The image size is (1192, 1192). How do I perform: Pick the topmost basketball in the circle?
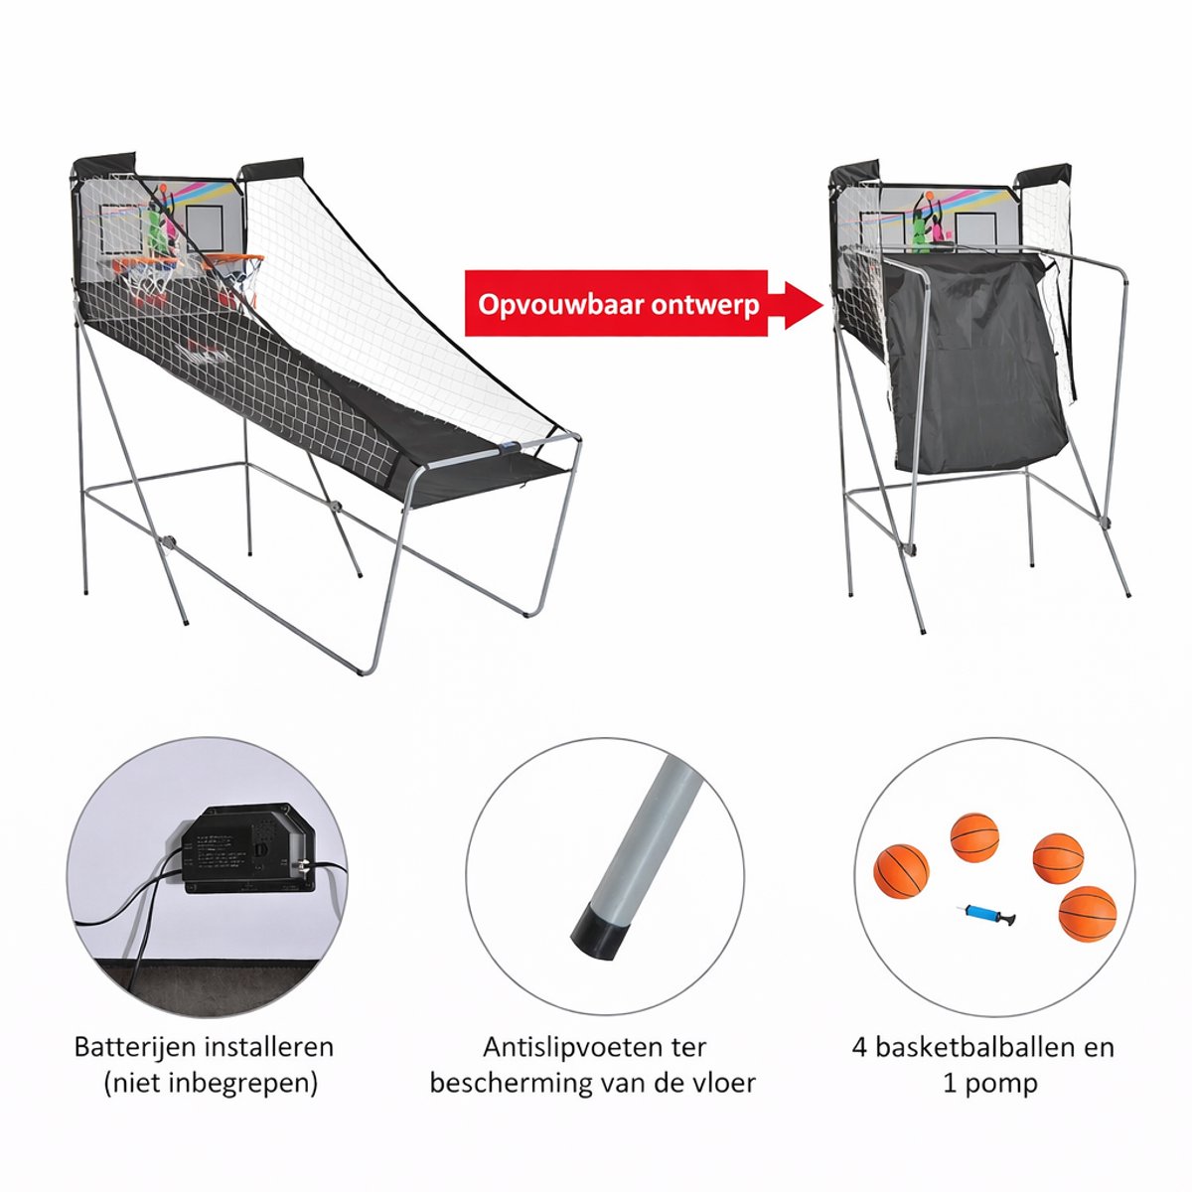pyautogui.click(x=974, y=837)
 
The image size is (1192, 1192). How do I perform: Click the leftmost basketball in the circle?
pyautogui.click(x=901, y=870)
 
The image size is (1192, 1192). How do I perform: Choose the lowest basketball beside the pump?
pyautogui.click(x=1088, y=914)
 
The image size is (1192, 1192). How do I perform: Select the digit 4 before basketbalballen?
pyautogui.click(x=859, y=1048)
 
